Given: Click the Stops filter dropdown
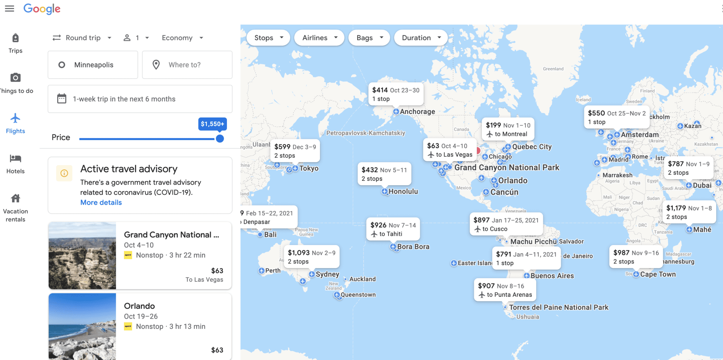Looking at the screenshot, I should [x=268, y=38].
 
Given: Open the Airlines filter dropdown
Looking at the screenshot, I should [x=319, y=38].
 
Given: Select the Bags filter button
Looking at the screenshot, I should [x=369, y=38].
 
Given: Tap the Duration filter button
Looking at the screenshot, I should [x=421, y=38].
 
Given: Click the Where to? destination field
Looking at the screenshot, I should [x=187, y=65].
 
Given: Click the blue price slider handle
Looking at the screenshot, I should [x=220, y=139].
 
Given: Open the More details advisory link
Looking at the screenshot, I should [x=101, y=203].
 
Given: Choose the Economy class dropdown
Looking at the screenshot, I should [x=182, y=38].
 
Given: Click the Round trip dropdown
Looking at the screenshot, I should [x=82, y=38].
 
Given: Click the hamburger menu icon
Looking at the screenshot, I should [x=10, y=8].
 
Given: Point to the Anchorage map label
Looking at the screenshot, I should [x=417, y=112].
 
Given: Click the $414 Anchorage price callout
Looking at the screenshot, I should [x=396, y=94].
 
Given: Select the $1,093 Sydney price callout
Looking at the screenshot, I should [x=311, y=257].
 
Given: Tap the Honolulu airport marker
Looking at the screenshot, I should [x=384, y=192].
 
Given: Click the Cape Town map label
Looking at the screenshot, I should [x=658, y=274].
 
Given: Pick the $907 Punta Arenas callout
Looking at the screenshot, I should [x=505, y=290].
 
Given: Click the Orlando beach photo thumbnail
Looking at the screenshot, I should [x=82, y=326].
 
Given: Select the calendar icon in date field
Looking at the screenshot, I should [x=62, y=99].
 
